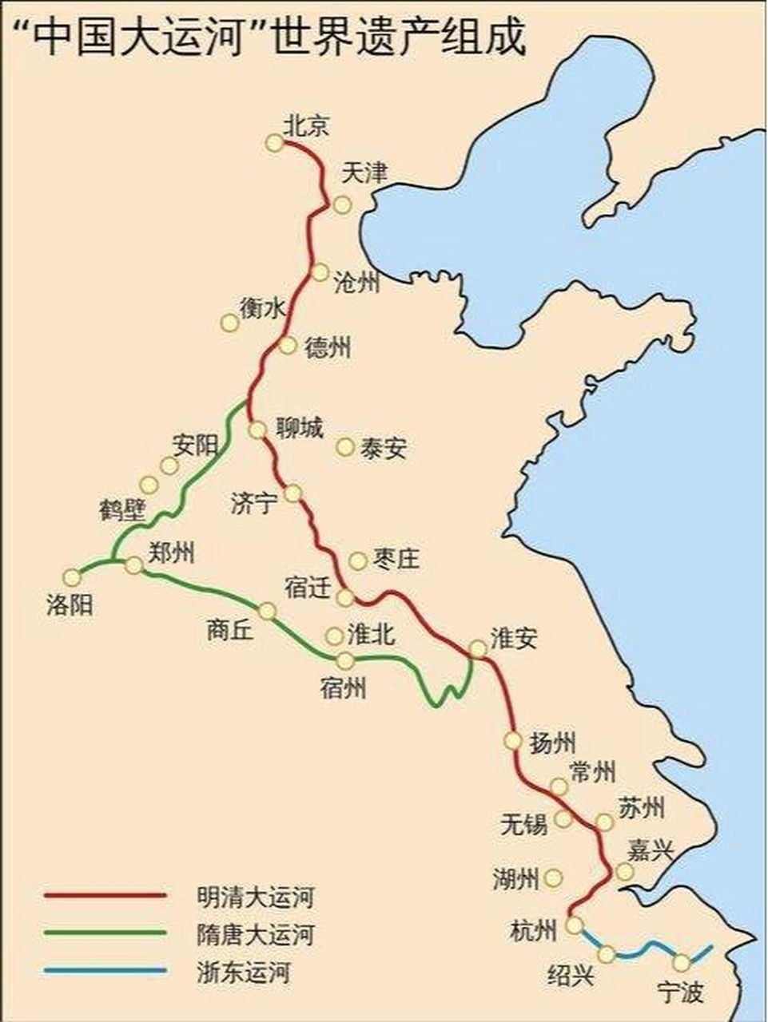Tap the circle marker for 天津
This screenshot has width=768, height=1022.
tap(342, 205)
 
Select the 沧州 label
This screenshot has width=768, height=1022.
tap(356, 283)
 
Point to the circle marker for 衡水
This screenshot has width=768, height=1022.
tap(229, 323)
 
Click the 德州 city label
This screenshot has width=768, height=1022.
tap(328, 347)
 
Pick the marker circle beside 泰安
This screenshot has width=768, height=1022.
tap(344, 447)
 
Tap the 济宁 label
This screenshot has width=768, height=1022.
tap(254, 503)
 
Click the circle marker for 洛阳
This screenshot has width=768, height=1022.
tap(72, 576)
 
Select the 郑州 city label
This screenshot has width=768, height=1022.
tap(171, 552)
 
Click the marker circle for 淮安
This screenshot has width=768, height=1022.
tap(477, 648)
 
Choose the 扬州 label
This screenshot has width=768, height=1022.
tap(552, 743)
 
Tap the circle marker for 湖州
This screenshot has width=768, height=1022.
tap(552, 878)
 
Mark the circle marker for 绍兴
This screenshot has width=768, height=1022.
tap(607, 953)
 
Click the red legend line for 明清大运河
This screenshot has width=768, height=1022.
tap(105, 896)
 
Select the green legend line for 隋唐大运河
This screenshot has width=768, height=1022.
tap(105, 933)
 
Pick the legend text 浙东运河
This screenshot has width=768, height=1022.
tap(244, 972)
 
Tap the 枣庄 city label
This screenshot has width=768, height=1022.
tap(396, 559)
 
